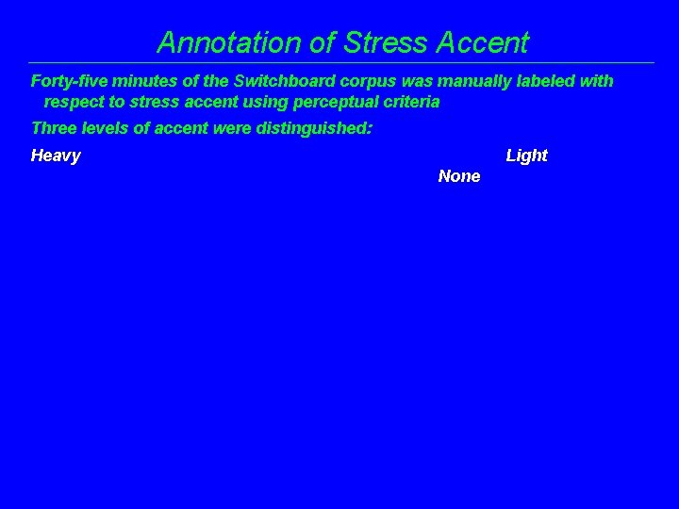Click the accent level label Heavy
(x=56, y=156)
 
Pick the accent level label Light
(x=526, y=156)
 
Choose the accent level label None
(x=459, y=176)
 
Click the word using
(x=260, y=102)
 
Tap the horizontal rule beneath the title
(x=339, y=63)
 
